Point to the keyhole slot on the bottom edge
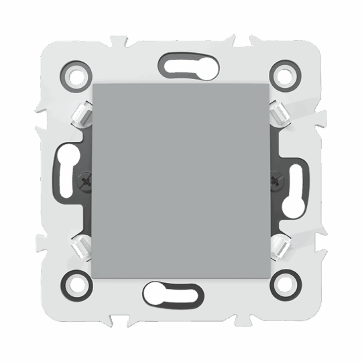point(171,294)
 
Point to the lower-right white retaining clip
point(278,247)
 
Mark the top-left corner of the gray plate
point(93,84)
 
